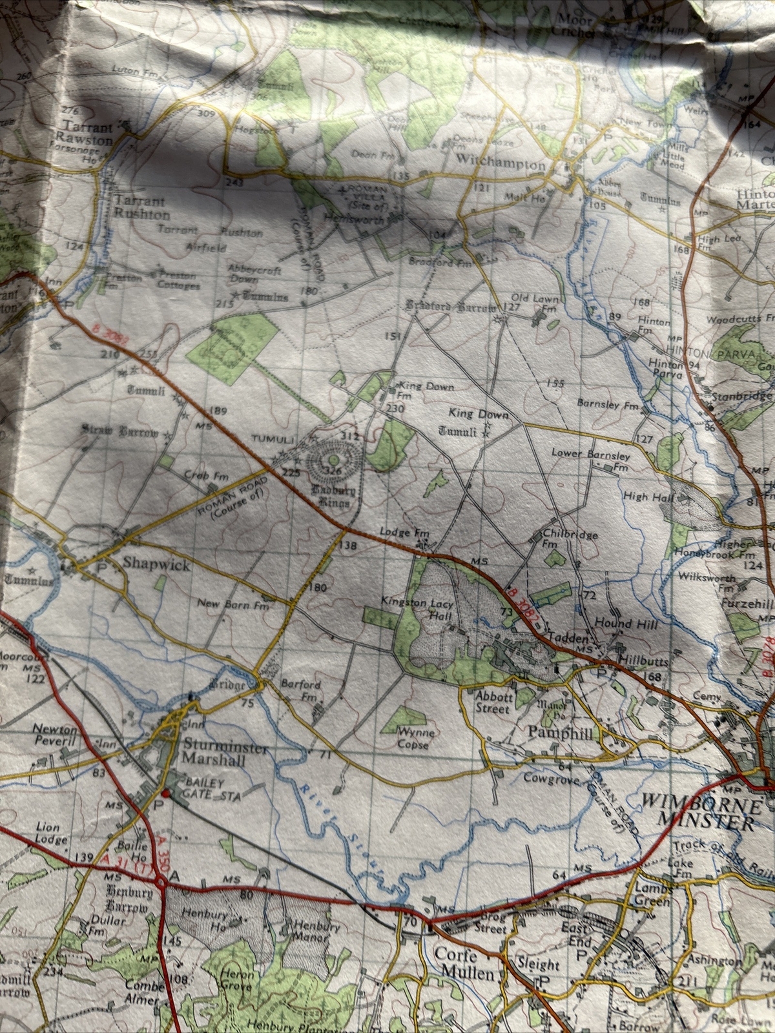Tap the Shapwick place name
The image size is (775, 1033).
[157, 565]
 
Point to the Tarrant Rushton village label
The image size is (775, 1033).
[141, 208]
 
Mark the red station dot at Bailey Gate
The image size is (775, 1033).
[165, 793]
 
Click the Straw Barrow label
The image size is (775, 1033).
[119, 431]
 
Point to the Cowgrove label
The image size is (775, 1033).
[550, 778]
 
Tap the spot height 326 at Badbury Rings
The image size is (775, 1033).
[333, 471]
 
